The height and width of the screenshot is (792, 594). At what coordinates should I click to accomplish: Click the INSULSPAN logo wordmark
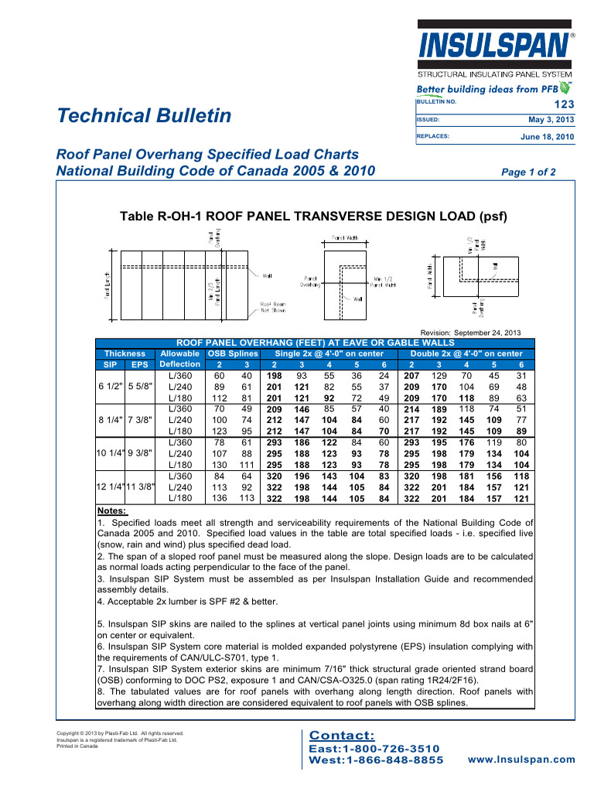(493, 52)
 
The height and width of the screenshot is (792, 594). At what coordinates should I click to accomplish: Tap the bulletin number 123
(565, 104)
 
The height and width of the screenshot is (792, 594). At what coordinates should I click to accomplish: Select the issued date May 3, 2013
(551, 120)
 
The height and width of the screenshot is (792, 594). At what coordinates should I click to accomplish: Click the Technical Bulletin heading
(144, 116)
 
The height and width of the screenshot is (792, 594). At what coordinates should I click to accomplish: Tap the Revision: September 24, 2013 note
(473, 332)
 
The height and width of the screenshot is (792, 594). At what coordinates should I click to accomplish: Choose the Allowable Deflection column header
(179, 358)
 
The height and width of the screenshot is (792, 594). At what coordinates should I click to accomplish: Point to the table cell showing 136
(220, 498)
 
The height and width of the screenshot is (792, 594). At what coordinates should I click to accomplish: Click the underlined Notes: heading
(112, 511)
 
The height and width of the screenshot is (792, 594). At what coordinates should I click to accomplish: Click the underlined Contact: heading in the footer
(341, 735)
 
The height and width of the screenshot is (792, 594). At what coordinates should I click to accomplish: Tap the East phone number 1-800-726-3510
(374, 749)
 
